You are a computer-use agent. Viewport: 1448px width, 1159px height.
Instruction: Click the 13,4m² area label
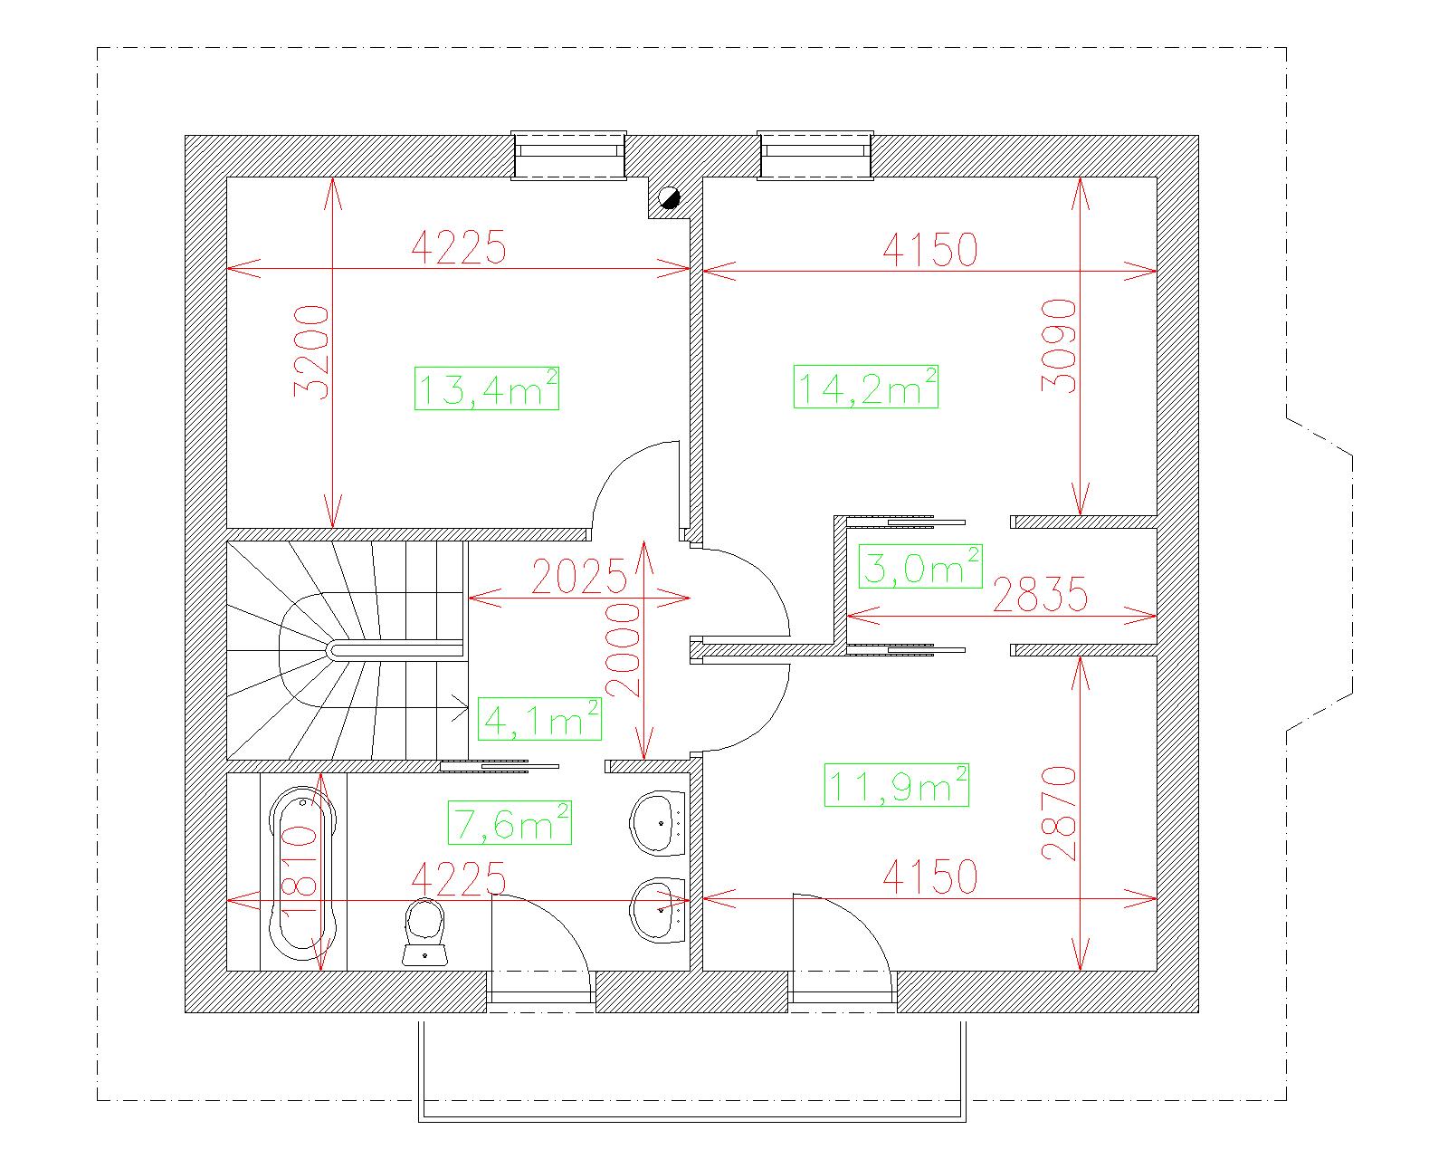pos(487,388)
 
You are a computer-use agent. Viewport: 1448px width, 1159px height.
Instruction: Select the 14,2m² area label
pos(866,387)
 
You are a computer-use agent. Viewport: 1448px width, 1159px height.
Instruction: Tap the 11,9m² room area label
pos(896,785)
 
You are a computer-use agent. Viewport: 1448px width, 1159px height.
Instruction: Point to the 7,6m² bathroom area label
pos(510,823)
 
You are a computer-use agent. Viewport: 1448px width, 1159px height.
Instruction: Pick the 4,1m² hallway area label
pos(539,719)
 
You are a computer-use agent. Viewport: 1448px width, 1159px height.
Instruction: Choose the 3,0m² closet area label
pos(920,566)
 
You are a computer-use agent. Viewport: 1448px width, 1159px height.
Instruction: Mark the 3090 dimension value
pos(1059,346)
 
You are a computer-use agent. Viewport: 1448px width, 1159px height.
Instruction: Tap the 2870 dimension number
pos(1059,814)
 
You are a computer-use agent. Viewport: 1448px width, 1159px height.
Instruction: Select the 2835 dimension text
pos(1040,594)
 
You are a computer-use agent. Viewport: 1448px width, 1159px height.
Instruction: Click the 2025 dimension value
pos(579,577)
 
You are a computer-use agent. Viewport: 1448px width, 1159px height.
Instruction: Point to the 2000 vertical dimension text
pos(623,650)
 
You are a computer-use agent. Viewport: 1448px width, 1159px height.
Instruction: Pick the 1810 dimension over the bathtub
pos(300,869)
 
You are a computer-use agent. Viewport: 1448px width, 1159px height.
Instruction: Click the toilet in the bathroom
pos(425,932)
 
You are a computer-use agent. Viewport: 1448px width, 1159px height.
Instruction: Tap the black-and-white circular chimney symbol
pos(669,198)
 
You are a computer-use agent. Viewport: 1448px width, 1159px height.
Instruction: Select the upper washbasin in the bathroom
pos(657,823)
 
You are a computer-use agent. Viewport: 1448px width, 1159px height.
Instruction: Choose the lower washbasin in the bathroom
pos(657,910)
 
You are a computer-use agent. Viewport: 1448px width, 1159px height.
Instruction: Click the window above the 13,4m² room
pos(568,156)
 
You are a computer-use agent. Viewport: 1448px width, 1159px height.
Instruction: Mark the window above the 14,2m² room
pos(815,156)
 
